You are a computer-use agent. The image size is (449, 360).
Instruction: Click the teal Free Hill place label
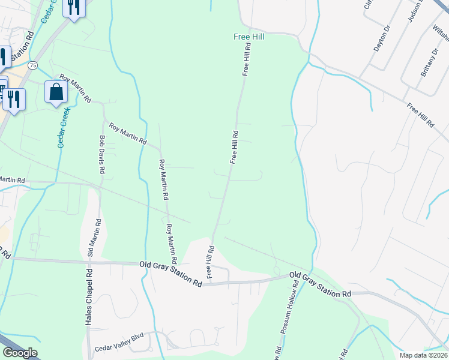pyautogui.click(x=249, y=37)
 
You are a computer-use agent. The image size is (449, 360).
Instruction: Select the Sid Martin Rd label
pyautogui.click(x=93, y=238)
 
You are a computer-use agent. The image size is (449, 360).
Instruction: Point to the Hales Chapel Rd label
pyautogui.click(x=88, y=296)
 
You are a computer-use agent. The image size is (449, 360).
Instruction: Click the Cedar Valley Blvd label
pyautogui.click(x=119, y=348)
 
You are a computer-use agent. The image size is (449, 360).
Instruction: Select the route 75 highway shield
pyautogui.click(x=32, y=65)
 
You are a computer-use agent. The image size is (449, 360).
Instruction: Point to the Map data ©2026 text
pyautogui.click(x=423, y=355)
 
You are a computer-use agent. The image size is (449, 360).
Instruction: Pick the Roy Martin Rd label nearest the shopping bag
pyautogui.click(x=74, y=88)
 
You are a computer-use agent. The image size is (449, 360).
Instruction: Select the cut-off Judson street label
pyautogui.click(x=415, y=12)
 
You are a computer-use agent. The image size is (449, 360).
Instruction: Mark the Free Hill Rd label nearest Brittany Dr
pyautogui.click(x=420, y=115)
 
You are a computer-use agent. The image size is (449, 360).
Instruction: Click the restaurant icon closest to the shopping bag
pyautogui.click(x=14, y=98)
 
